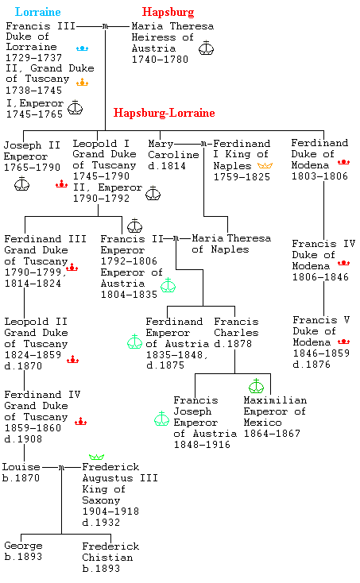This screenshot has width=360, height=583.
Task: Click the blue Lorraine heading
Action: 37,12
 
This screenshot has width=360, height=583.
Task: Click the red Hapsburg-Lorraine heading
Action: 164,113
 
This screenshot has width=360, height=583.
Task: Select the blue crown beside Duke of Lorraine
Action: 82,48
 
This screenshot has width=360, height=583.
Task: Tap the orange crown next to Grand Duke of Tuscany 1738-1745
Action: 82,82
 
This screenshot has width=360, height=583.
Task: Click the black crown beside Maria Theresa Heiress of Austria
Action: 206,48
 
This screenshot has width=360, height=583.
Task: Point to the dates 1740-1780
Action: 160,60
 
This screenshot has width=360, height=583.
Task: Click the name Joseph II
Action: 32,145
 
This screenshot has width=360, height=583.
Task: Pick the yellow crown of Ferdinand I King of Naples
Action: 265,165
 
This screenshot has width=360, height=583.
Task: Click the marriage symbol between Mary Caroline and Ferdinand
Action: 203,144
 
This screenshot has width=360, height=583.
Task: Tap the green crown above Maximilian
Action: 256,385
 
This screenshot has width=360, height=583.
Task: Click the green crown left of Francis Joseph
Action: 161,419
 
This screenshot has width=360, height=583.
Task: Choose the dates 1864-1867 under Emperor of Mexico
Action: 272,434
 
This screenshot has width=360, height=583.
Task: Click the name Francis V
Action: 321,320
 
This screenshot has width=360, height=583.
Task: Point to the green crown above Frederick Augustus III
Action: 96,457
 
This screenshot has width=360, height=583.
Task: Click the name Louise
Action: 21,466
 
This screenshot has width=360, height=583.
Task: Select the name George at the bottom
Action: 23,546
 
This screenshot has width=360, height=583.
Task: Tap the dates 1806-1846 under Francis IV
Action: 320,277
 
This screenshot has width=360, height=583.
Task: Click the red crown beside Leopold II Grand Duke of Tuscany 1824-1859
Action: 72,359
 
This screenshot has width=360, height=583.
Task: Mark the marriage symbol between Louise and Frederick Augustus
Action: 62,467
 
